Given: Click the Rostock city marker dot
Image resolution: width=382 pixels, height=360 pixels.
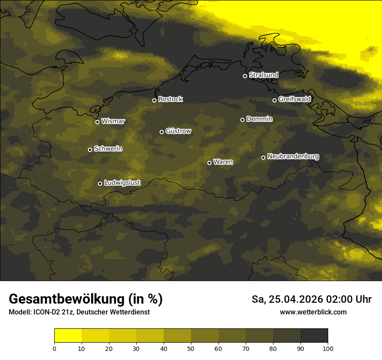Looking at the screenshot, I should [x=154, y=100].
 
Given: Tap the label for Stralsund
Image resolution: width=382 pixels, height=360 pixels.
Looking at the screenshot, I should [x=263, y=75].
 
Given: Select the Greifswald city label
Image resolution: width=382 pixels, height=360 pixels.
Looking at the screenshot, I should [x=294, y=99].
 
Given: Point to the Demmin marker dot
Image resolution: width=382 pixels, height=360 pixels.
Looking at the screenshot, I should [x=242, y=120].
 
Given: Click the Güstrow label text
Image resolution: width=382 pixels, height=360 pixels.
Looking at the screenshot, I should [x=178, y=131].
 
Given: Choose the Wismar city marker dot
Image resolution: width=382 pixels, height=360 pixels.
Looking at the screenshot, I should [x=97, y=122].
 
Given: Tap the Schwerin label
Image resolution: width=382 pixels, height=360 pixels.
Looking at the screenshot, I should [x=108, y=149].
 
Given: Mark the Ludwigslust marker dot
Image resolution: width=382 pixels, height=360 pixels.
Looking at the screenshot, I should [x=100, y=183].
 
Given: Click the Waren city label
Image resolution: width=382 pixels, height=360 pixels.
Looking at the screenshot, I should [x=223, y=162].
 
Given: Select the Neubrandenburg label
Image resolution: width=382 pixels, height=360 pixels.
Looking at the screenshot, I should [x=293, y=157].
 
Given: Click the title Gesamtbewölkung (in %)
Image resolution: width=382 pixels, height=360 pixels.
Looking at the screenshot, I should [x=86, y=299].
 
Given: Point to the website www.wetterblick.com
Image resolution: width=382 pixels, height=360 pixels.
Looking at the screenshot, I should [x=313, y=312].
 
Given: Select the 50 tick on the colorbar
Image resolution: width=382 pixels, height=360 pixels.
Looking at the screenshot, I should [x=191, y=348].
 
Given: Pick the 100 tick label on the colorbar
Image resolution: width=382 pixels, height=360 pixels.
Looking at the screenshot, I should [x=328, y=348].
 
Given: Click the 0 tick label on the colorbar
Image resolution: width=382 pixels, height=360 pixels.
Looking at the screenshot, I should [x=54, y=348].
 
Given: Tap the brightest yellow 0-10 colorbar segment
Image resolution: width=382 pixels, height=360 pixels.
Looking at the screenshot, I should [x=68, y=336].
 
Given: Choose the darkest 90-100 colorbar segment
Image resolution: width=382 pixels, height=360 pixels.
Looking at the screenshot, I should [x=314, y=336].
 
